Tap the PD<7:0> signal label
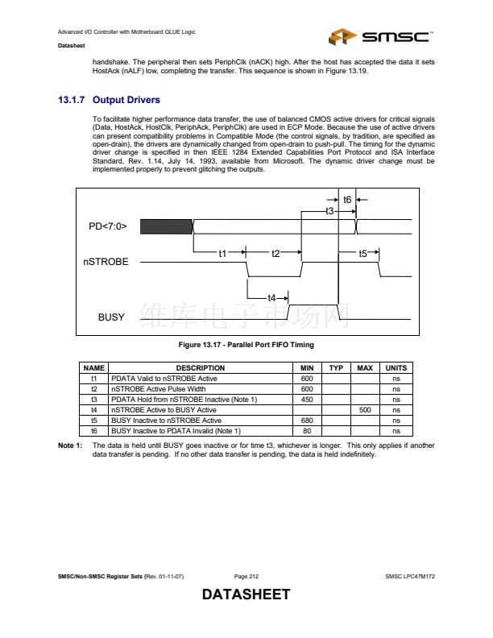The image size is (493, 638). [x=108, y=226]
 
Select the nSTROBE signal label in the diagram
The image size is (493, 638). [x=105, y=262]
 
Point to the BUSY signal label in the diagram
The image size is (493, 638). [x=111, y=317]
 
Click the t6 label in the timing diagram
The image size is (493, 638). [x=347, y=199]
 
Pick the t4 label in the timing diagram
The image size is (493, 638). [x=271, y=298]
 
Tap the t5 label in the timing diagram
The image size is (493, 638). [x=362, y=253]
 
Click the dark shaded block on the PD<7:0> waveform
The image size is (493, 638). [x=166, y=226]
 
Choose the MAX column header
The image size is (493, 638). [x=364, y=368]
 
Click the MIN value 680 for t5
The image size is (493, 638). [x=306, y=420]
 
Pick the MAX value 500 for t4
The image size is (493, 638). [x=364, y=409]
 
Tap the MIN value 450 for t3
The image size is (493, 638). [x=306, y=399]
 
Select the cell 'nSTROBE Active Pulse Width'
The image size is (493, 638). [x=158, y=388]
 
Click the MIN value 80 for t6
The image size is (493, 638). [x=306, y=430]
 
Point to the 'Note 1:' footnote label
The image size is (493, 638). [x=70, y=445]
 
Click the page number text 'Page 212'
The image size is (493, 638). [x=246, y=577]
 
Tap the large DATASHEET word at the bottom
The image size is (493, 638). [x=246, y=595]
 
